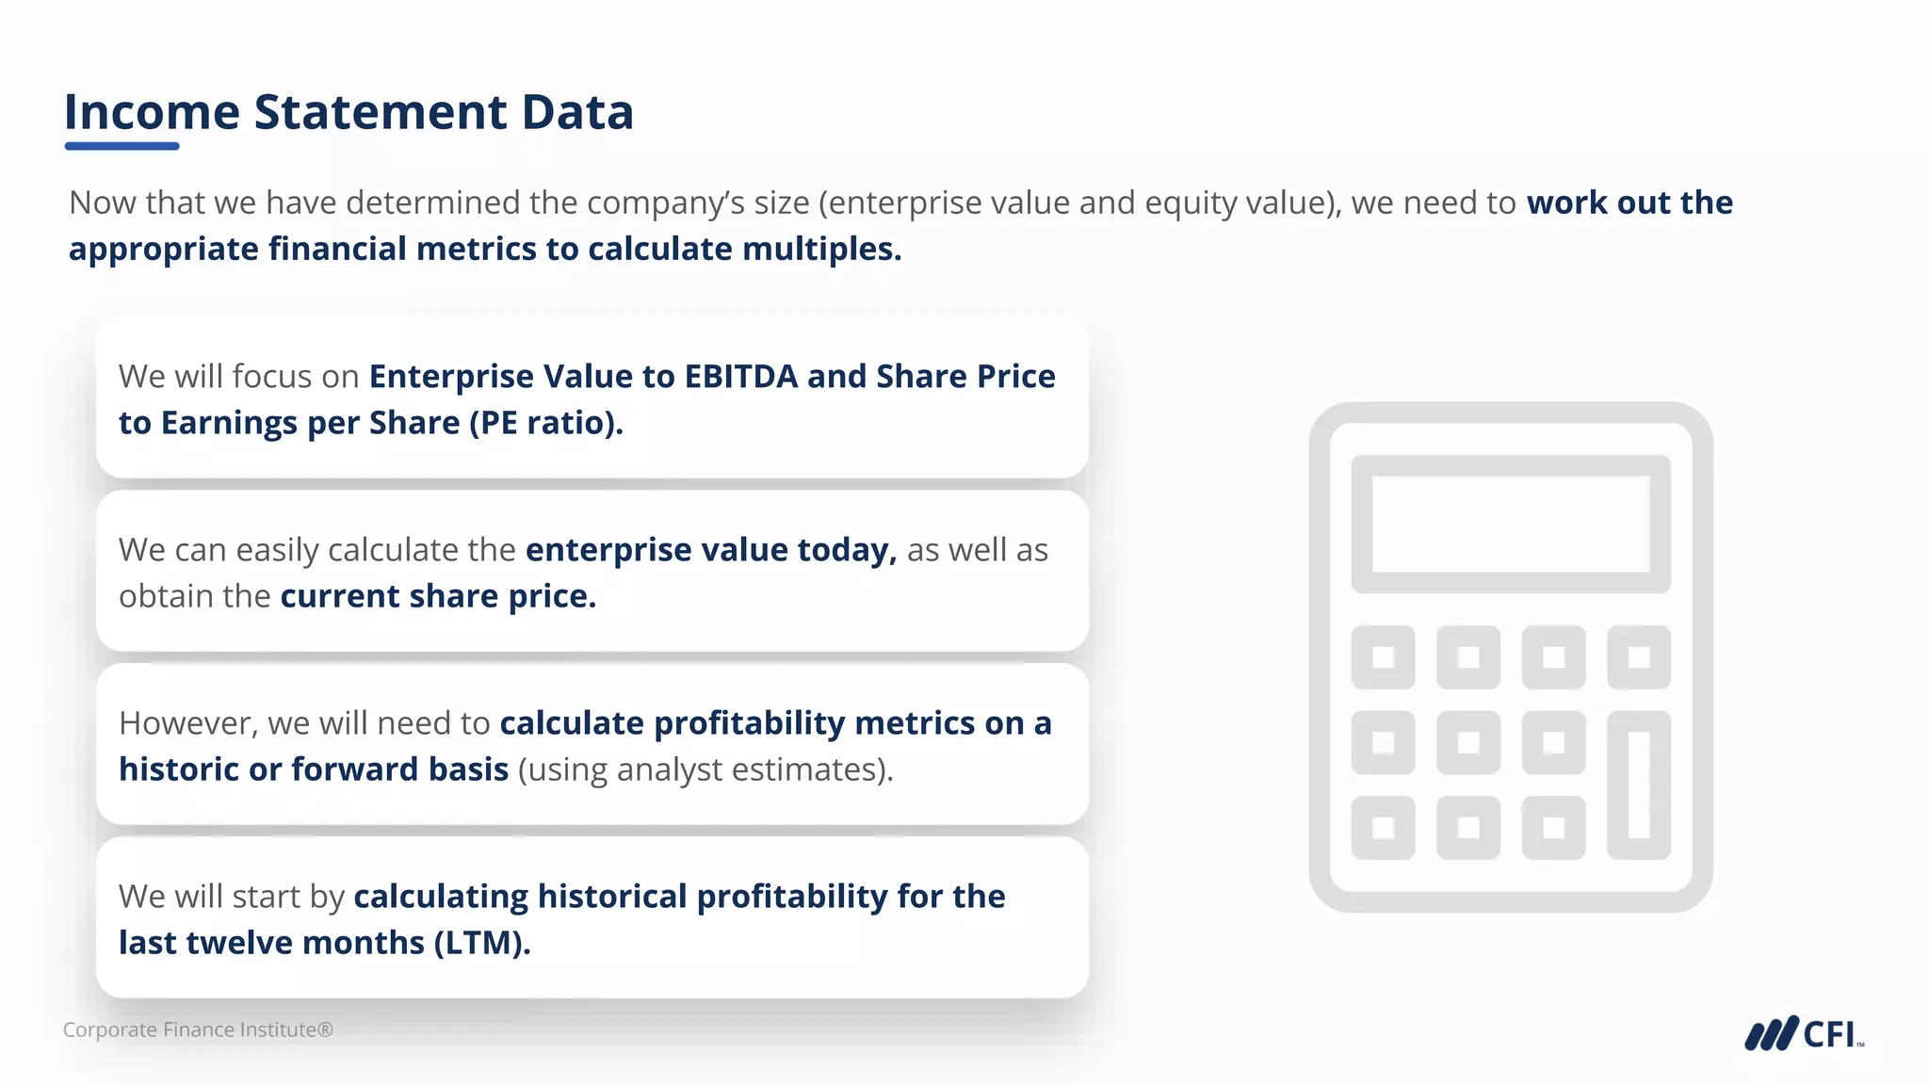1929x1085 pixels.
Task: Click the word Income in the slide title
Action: (x=152, y=112)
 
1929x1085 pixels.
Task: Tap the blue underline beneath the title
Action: (x=122, y=146)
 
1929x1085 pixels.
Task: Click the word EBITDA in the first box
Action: (x=741, y=377)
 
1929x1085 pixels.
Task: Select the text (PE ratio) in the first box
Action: (x=546, y=423)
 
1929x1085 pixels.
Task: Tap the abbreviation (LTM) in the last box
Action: (x=482, y=943)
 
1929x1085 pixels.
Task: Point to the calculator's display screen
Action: (x=1510, y=524)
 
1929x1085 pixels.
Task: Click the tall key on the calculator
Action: (x=1639, y=785)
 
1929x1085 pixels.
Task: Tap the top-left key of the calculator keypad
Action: (x=1383, y=656)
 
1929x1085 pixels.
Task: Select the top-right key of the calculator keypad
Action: (x=1639, y=656)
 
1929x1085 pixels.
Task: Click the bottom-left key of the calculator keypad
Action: (x=1383, y=828)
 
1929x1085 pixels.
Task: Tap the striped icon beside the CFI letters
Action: (x=1771, y=1034)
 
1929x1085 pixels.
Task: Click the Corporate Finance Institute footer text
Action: (x=198, y=1030)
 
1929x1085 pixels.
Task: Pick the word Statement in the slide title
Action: (x=381, y=112)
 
